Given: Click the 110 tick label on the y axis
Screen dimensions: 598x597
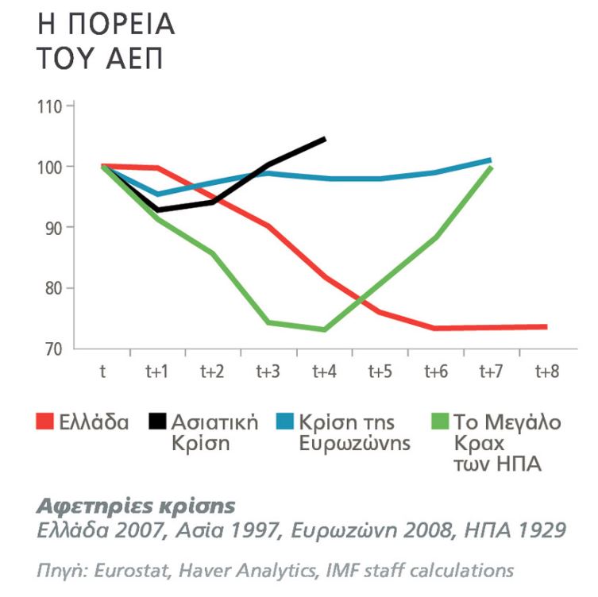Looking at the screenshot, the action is pyautogui.click(x=49, y=107).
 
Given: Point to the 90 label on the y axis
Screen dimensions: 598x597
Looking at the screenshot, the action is pyautogui.click(x=53, y=228).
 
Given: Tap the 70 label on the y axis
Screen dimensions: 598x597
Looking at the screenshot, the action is pyautogui.click(x=53, y=349).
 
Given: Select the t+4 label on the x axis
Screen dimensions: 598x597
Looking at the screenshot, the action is pyautogui.click(x=325, y=372).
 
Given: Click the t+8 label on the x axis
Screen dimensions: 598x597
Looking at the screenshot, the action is pyautogui.click(x=547, y=372).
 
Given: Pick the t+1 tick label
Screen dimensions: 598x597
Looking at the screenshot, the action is pyautogui.click(x=156, y=372).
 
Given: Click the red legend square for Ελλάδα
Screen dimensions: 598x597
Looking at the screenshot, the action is pyautogui.click(x=44, y=422).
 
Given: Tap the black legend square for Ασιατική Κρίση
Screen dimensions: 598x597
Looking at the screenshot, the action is pyautogui.click(x=157, y=422).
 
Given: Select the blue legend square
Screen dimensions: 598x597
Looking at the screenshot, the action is pyautogui.click(x=285, y=422).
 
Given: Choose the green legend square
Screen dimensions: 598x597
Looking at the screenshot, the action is pyautogui.click(x=440, y=422).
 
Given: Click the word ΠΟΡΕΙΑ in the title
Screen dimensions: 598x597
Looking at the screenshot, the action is pyautogui.click(x=122, y=25).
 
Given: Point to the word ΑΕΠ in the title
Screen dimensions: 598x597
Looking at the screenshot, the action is pyautogui.click(x=135, y=58).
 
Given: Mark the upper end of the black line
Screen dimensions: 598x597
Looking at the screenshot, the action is pyautogui.click(x=325, y=139).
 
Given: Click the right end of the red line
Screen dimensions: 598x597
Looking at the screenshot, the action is pyautogui.click(x=546, y=327).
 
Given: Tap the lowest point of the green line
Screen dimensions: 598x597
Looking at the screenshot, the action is pyautogui.click(x=325, y=329).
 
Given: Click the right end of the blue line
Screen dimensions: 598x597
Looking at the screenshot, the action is pyautogui.click(x=491, y=160).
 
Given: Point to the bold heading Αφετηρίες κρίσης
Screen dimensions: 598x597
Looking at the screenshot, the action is pyautogui.click(x=136, y=506).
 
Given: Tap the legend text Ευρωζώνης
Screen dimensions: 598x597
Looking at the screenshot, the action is pyautogui.click(x=355, y=443).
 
